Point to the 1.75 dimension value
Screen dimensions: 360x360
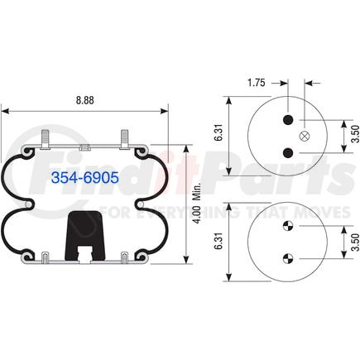256,84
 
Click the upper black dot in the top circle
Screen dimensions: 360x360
288,121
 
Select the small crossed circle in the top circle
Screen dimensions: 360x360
304,136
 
